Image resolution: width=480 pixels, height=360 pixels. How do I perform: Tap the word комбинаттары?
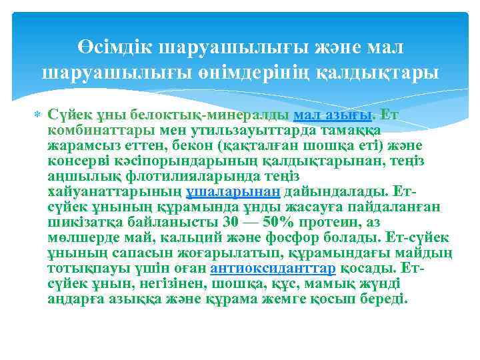click(x=93, y=130)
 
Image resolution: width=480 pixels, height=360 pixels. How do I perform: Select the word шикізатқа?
click(x=81, y=222)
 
